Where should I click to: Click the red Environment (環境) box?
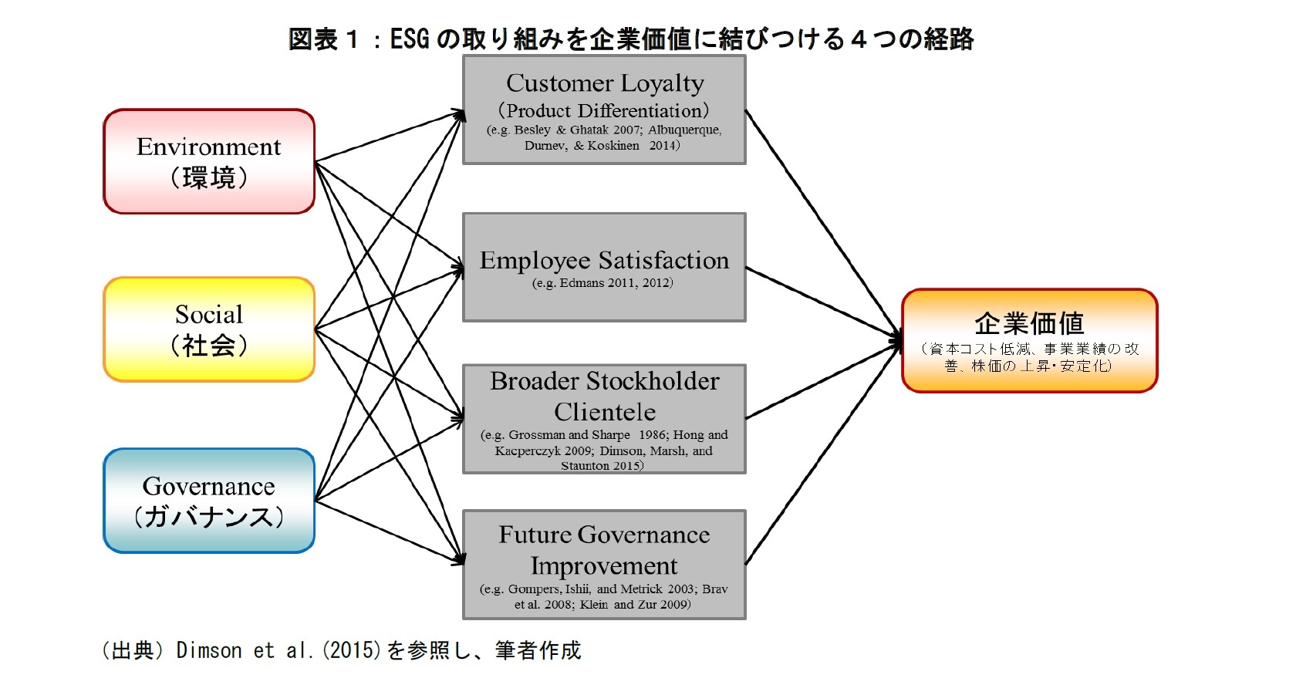[x=208, y=161]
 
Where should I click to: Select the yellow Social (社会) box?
[x=208, y=329]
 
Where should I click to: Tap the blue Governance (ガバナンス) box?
[x=208, y=501]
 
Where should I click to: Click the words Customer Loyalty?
[x=604, y=83]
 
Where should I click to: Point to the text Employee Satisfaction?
[x=604, y=260]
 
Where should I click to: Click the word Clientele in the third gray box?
[x=604, y=412]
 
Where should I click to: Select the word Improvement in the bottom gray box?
[x=604, y=566]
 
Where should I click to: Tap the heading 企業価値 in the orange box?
[x=1029, y=322]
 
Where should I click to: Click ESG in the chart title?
[x=410, y=38]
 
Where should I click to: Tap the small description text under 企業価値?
[x=1029, y=357]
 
